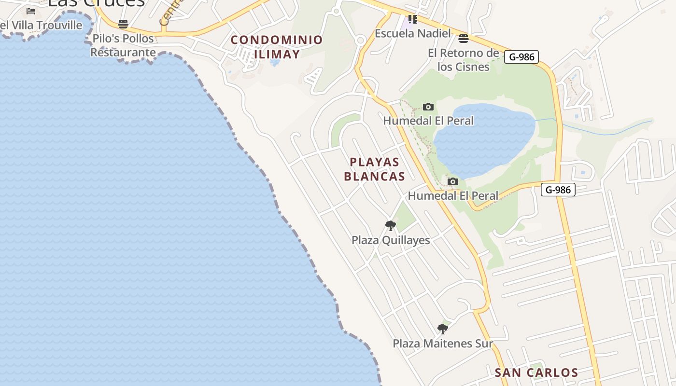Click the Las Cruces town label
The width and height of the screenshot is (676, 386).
tap(97, 3)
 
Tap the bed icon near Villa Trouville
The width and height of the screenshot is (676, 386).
tap(31, 11)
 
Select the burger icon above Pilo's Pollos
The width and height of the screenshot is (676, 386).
tap(123, 24)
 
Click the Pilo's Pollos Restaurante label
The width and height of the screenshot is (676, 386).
tap(123, 45)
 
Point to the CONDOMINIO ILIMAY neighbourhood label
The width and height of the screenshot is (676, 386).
tap(277, 47)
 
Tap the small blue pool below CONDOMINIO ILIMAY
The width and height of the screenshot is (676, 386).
tap(275, 63)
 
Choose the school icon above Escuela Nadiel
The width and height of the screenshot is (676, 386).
tap(412, 19)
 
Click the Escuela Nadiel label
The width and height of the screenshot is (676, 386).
tap(413, 33)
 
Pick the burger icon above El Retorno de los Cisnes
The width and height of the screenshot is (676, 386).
tap(464, 38)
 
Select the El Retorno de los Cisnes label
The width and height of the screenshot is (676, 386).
tap(463, 59)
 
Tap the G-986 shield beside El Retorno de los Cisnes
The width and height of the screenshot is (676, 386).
tap(521, 57)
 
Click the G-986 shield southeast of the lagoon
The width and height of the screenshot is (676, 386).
tap(558, 190)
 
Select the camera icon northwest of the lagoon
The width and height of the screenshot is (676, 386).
tap(428, 107)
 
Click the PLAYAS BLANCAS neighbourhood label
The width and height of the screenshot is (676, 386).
tap(374, 169)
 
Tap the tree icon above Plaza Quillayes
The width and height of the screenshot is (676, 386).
tap(391, 225)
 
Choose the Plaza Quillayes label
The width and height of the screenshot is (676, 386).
tap(391, 240)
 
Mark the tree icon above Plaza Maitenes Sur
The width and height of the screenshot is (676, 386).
tap(442, 329)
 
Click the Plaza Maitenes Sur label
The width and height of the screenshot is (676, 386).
tap(442, 344)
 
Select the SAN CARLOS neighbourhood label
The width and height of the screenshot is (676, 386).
tap(536, 372)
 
